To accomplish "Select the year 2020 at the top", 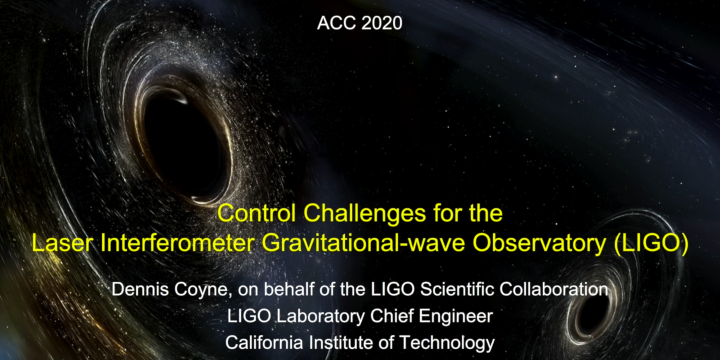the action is tap(382, 23).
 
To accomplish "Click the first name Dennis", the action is tap(140, 289).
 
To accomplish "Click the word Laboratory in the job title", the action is tap(320, 317).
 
